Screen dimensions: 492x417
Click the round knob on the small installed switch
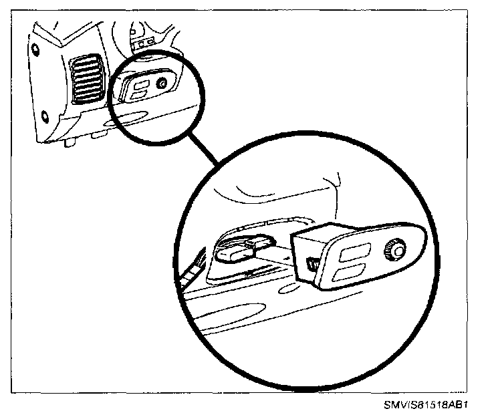click(162, 84)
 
